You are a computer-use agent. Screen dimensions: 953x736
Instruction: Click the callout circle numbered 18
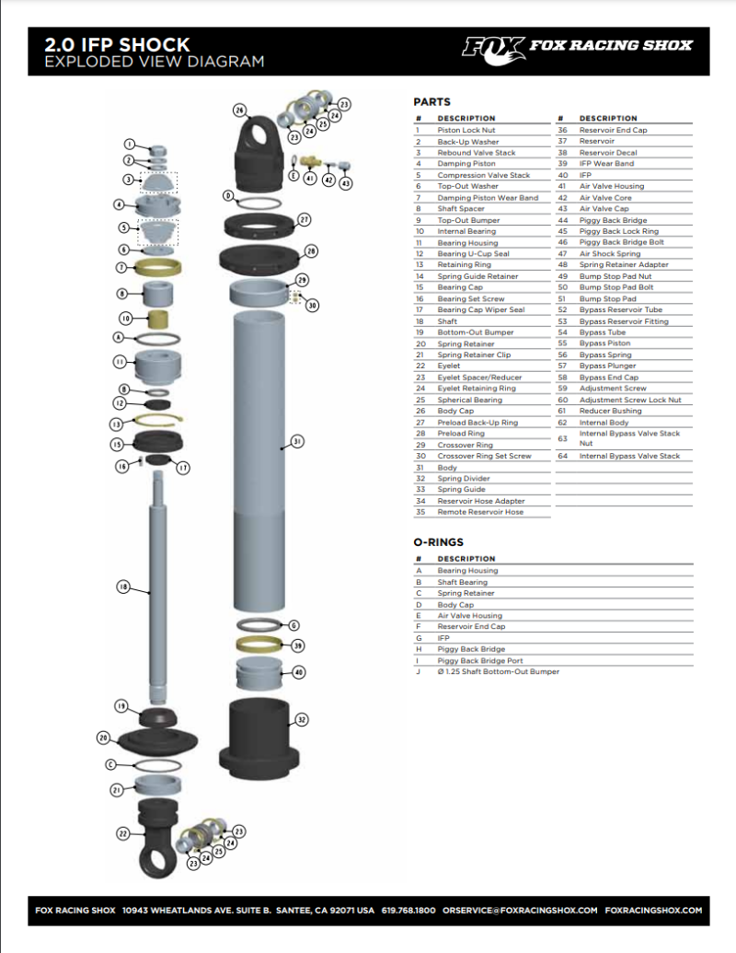coord(122,586)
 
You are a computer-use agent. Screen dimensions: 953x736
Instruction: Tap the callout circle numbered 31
coord(297,442)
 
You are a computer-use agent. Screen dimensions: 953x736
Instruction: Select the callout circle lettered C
coord(110,764)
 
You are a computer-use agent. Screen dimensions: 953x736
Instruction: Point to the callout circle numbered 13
coord(117,424)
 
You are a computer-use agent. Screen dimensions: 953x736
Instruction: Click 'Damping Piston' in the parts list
coord(466,164)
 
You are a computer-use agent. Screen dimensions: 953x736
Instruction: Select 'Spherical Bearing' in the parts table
coord(469,400)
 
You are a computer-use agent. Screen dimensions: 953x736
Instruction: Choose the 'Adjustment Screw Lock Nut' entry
coord(630,400)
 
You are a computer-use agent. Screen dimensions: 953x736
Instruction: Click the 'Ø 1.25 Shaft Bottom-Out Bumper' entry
coord(498,671)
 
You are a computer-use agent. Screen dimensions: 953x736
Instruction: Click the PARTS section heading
coord(431,102)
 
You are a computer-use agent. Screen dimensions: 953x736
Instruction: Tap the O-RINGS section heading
coord(438,542)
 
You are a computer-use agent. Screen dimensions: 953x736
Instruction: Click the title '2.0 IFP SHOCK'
coord(117,44)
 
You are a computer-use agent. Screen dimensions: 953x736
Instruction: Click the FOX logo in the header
coord(492,46)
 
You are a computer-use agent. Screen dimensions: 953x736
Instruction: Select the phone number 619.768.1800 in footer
coord(408,910)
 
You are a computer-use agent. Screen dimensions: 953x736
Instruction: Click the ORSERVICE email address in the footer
coord(520,910)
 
